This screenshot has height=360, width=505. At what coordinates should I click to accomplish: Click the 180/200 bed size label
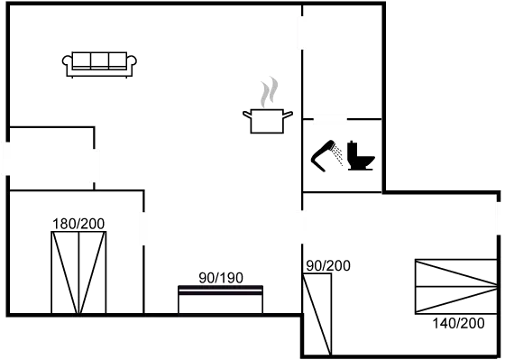tap(78, 223)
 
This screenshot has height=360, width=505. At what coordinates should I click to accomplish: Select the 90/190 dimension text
tap(220, 277)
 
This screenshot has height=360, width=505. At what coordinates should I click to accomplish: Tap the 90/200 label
tap(328, 265)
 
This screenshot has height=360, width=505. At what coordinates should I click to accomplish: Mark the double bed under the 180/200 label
tap(79, 271)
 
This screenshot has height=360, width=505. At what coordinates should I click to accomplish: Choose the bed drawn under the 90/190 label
tap(220, 299)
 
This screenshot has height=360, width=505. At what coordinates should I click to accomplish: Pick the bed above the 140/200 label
tap(454, 285)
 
